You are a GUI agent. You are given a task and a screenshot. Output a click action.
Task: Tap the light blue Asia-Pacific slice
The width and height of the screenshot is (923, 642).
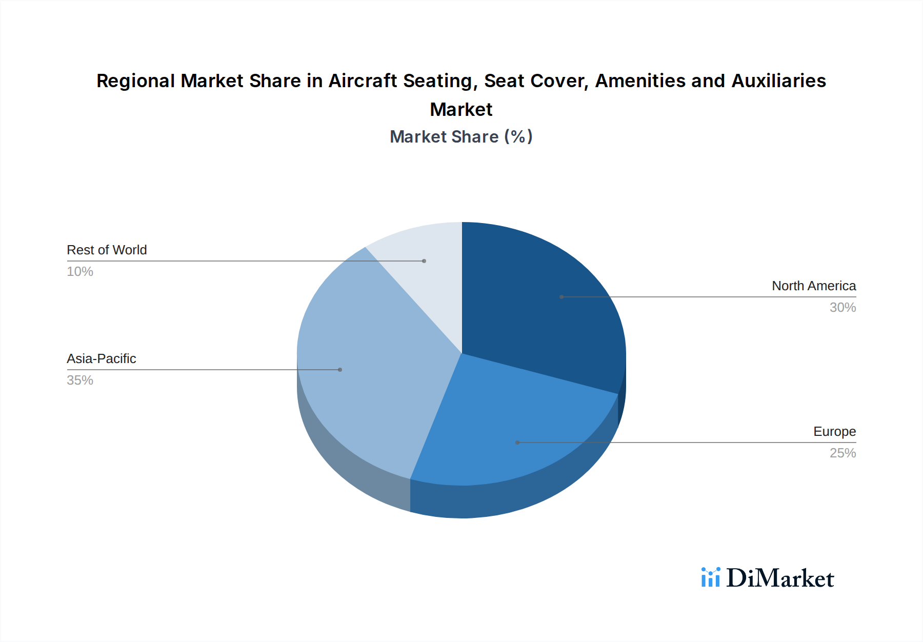coord(369,369)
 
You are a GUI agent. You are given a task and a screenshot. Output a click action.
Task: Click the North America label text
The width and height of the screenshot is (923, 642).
coord(814,286)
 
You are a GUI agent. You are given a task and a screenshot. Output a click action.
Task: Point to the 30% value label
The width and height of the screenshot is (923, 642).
coord(842,308)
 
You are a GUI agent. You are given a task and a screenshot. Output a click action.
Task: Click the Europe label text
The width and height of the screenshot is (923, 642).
coord(834,432)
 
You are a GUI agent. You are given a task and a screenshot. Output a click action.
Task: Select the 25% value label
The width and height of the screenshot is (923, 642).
coord(842,453)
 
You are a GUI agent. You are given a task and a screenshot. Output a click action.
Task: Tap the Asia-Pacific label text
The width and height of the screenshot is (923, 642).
coord(102,359)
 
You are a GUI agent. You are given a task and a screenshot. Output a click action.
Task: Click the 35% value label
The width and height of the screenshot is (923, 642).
coord(80,380)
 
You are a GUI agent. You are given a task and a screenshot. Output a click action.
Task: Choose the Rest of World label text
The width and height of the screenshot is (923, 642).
coord(107,250)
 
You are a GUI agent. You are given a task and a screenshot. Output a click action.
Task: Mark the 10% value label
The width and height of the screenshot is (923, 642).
coord(80,272)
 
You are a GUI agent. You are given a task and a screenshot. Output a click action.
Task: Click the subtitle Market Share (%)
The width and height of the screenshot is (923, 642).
coord(461,137)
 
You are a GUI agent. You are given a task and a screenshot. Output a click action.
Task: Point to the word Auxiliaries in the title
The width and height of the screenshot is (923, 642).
coord(778,81)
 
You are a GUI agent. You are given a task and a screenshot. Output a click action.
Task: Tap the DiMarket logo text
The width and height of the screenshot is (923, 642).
coord(780,578)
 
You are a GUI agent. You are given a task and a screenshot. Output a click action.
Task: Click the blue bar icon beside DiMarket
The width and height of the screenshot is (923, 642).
coord(711,577)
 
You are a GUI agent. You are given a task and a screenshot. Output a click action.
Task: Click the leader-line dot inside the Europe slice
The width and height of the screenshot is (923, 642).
coord(517,443)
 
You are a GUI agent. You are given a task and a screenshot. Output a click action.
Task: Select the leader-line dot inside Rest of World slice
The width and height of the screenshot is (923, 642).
coord(424,261)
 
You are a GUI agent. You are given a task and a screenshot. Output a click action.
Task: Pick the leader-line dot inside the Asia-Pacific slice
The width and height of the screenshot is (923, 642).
coord(340,370)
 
